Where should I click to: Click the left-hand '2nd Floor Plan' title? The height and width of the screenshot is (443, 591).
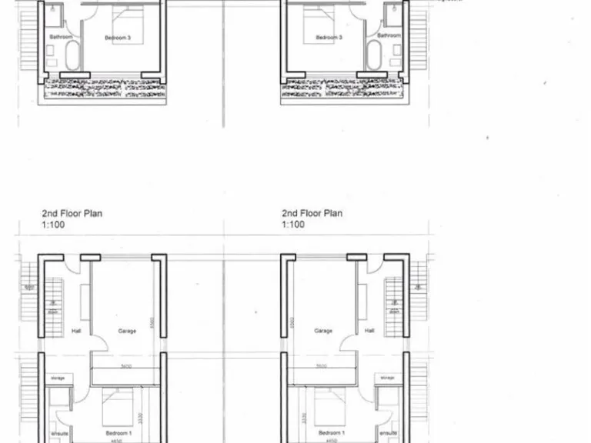click(x=72, y=214)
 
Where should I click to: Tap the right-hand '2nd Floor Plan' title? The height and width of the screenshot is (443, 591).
click(x=312, y=214)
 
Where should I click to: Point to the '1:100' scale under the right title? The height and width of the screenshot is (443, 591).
click(x=293, y=225)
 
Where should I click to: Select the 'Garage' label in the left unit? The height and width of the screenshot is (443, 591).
click(x=127, y=331)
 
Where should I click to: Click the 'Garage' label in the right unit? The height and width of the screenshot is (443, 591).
click(x=323, y=331)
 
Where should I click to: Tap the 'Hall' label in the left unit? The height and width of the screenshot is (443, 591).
click(x=76, y=331)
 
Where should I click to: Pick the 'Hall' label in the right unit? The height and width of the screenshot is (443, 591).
click(x=369, y=331)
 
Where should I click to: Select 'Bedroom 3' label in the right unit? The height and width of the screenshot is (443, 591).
click(x=329, y=37)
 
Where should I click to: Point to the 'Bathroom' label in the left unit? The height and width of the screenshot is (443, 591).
click(x=61, y=37)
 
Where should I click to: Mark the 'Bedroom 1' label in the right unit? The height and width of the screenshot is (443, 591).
click(x=332, y=433)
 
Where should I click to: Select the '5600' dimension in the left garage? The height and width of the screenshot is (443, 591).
click(x=127, y=366)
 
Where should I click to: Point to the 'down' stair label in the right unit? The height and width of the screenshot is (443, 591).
click(x=395, y=312)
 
